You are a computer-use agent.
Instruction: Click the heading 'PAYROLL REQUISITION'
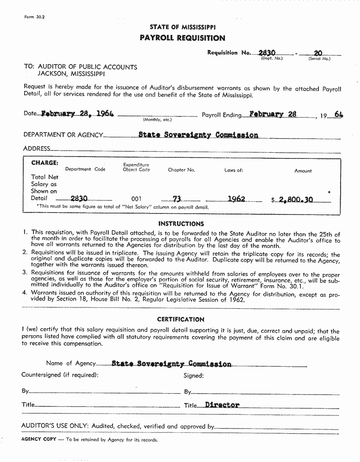[x=182, y=38]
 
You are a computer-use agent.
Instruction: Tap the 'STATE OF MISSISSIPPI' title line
[x=183, y=27]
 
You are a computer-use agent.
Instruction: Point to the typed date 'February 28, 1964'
[x=77, y=114]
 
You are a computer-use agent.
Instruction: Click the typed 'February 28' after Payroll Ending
[x=273, y=114]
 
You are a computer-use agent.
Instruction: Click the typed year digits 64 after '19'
[x=338, y=114]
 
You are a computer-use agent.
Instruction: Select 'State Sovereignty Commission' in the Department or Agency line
[x=198, y=135]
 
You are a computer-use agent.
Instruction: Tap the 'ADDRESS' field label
[x=36, y=148]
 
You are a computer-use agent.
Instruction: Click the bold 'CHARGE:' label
[x=45, y=163]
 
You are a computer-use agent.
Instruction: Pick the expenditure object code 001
[x=136, y=199]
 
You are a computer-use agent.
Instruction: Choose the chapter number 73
[x=177, y=199]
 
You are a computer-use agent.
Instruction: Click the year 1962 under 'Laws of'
[x=236, y=199]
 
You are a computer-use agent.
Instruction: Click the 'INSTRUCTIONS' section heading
[x=181, y=223]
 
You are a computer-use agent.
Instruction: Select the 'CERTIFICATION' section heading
[x=181, y=319]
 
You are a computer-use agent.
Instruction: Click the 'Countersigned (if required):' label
[x=60, y=375]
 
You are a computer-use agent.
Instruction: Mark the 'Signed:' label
[x=193, y=376]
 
